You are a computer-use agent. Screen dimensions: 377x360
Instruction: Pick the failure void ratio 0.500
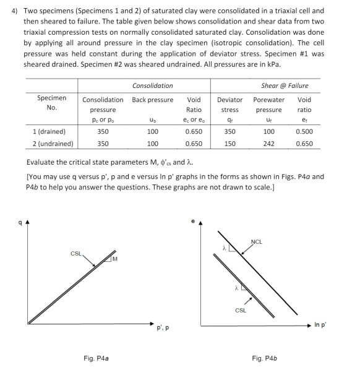304,132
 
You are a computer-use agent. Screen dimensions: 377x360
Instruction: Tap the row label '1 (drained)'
52,132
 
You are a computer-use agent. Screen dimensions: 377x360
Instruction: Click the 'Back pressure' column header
152,100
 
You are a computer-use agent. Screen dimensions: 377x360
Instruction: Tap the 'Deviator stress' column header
229,104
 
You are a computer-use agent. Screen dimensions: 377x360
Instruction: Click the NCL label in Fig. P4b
257,241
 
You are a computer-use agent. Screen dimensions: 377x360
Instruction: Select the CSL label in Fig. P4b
241,311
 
